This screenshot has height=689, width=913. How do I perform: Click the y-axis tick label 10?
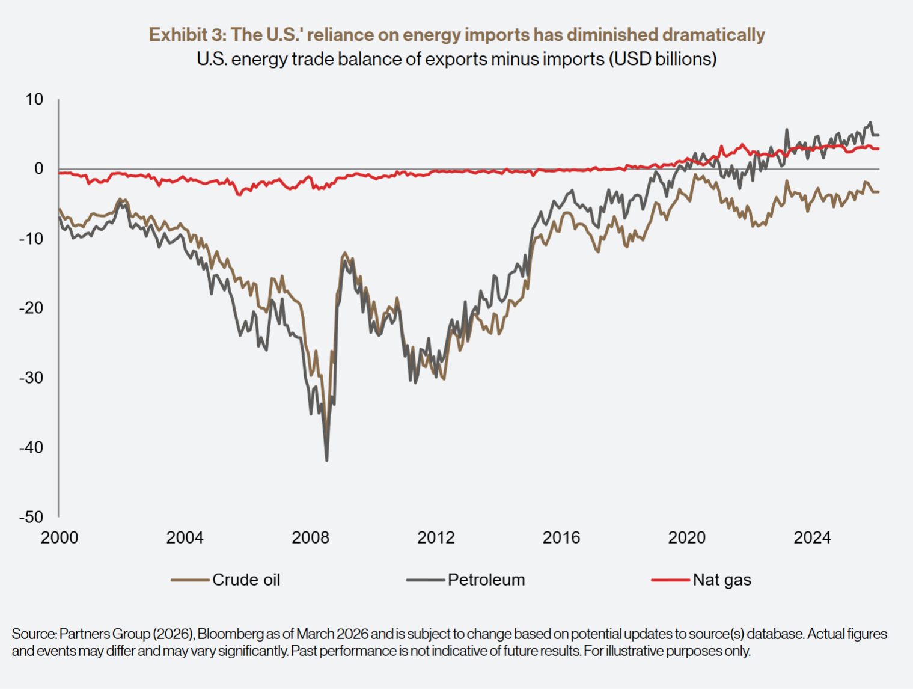(34, 99)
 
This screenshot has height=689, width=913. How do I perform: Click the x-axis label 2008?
(310, 537)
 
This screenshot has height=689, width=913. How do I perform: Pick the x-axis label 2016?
(561, 537)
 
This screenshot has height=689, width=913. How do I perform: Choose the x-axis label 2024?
(812, 537)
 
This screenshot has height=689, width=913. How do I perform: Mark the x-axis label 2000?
(60, 537)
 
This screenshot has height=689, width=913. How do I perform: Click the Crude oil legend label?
(246, 580)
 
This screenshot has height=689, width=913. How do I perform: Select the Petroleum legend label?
(486, 580)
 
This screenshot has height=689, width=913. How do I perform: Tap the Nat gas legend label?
(722, 580)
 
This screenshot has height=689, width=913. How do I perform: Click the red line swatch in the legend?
(670, 580)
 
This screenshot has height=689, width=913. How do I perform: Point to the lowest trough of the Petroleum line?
(327, 461)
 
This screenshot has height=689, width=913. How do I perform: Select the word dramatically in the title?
(713, 35)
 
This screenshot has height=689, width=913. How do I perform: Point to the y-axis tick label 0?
(39, 169)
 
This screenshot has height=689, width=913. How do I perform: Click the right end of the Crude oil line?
(878, 192)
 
